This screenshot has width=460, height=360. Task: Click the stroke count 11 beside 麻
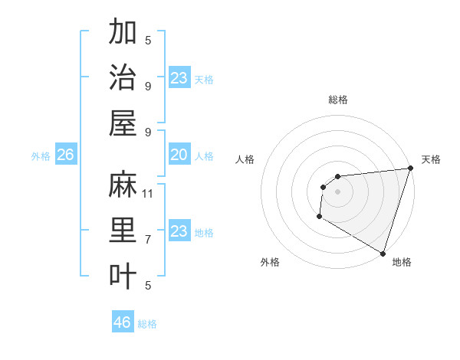click(x=149, y=194)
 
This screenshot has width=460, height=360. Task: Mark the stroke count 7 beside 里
click(x=148, y=240)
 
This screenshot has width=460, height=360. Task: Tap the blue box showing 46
click(x=123, y=322)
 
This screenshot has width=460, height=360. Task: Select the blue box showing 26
click(x=65, y=155)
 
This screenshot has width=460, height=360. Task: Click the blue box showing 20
click(x=179, y=155)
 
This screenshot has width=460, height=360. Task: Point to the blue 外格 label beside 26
click(x=41, y=156)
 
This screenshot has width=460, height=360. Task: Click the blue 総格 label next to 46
click(x=147, y=324)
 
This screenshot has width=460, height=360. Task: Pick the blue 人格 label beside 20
click(x=204, y=156)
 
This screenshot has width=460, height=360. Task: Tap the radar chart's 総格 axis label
click(x=337, y=100)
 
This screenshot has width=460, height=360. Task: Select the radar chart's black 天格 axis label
click(x=431, y=159)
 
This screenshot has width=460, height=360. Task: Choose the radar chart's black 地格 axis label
click(x=402, y=262)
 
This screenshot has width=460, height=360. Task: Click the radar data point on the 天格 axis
click(x=410, y=169)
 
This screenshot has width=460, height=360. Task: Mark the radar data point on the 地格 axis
click(x=383, y=253)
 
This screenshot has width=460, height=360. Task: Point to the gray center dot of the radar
click(x=337, y=191)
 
